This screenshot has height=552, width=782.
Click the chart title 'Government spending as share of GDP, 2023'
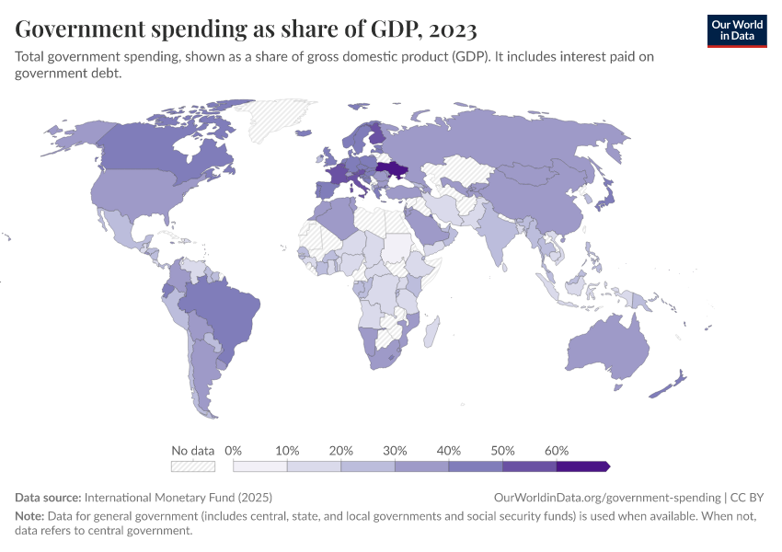tap(246, 29)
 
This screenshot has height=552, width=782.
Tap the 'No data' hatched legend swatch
tap(192, 466)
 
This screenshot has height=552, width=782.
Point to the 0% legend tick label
tap(233, 451)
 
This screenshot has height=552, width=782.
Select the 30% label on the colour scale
tap(395, 451)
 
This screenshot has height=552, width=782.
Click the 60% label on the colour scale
tap(556, 451)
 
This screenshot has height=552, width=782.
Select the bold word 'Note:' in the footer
tap(30, 516)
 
